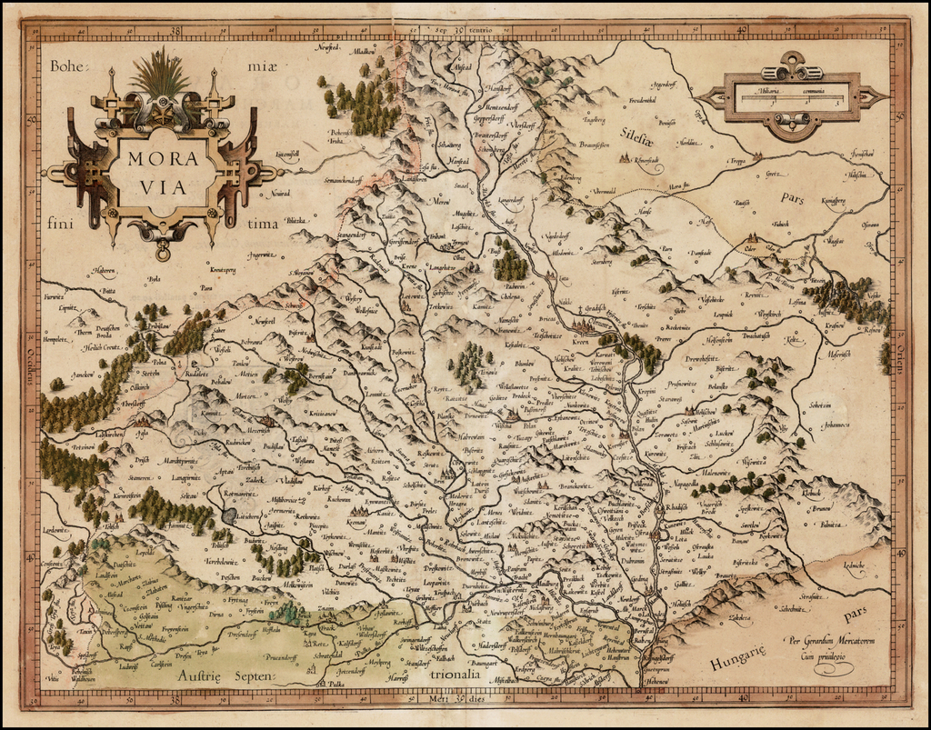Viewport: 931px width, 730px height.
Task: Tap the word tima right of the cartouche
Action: pyautogui.click(x=262, y=222)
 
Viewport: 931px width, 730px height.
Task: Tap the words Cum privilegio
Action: pyautogui.click(x=819, y=655)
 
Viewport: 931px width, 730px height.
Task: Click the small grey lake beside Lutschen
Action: pyautogui.click(x=228, y=515)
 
